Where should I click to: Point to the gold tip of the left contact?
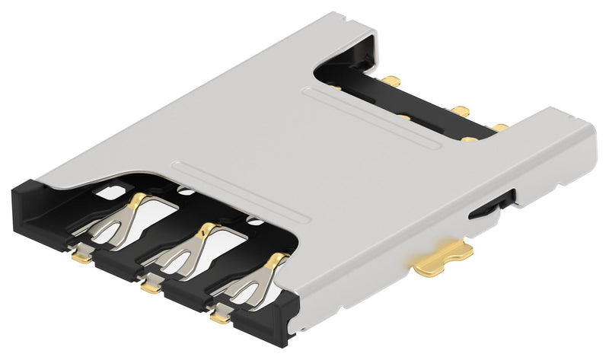click(139, 201)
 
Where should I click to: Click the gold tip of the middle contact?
click(206, 228)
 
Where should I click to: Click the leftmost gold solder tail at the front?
click(79, 257)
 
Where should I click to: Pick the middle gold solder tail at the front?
click(151, 287)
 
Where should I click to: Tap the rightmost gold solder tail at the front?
click(219, 314)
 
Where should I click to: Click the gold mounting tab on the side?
click(443, 260)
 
